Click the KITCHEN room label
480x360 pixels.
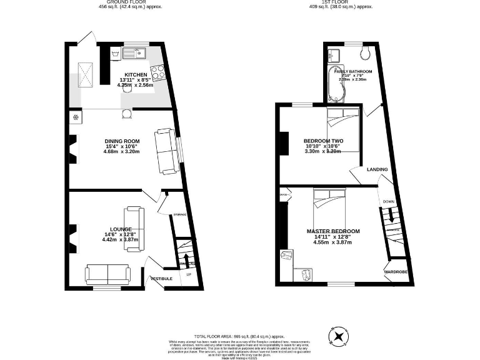click(x=136, y=75)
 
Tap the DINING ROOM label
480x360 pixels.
click(x=122, y=141)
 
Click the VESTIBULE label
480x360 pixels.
click(x=161, y=277)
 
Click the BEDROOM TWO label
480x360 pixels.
click(x=323, y=141)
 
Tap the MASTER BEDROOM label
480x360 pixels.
click(x=333, y=231)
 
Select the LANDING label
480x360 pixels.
click(x=377, y=169)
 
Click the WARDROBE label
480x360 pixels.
click(x=396, y=272)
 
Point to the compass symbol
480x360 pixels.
click(x=339, y=336)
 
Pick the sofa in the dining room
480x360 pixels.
click(x=166, y=151)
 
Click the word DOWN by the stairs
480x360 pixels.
click(x=389, y=202)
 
